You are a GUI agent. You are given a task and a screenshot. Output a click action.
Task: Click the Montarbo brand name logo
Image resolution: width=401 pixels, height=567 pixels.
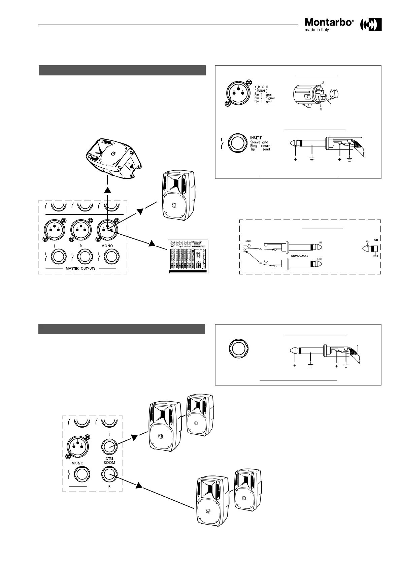tap(329, 22)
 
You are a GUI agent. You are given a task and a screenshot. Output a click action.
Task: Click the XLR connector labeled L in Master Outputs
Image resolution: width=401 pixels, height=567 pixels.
tap(54, 230)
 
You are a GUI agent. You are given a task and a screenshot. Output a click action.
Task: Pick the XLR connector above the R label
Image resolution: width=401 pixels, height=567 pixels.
tap(81, 230)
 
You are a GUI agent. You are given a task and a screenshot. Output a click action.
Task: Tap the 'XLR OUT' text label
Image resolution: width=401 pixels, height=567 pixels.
tap(261, 87)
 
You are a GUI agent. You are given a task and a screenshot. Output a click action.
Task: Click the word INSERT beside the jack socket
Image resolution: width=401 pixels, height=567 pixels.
tap(256, 138)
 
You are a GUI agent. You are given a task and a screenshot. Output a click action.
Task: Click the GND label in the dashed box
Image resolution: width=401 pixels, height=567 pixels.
tap(248, 241)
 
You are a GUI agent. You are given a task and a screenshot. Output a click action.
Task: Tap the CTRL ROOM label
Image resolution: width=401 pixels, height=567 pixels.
tap(110, 461)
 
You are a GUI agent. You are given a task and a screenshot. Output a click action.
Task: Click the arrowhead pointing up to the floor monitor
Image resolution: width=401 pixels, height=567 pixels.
tap(107, 190)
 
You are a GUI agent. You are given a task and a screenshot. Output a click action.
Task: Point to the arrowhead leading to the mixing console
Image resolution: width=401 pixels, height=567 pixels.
tap(152, 243)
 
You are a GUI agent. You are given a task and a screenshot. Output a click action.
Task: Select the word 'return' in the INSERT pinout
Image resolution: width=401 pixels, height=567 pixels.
tap(266, 146)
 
